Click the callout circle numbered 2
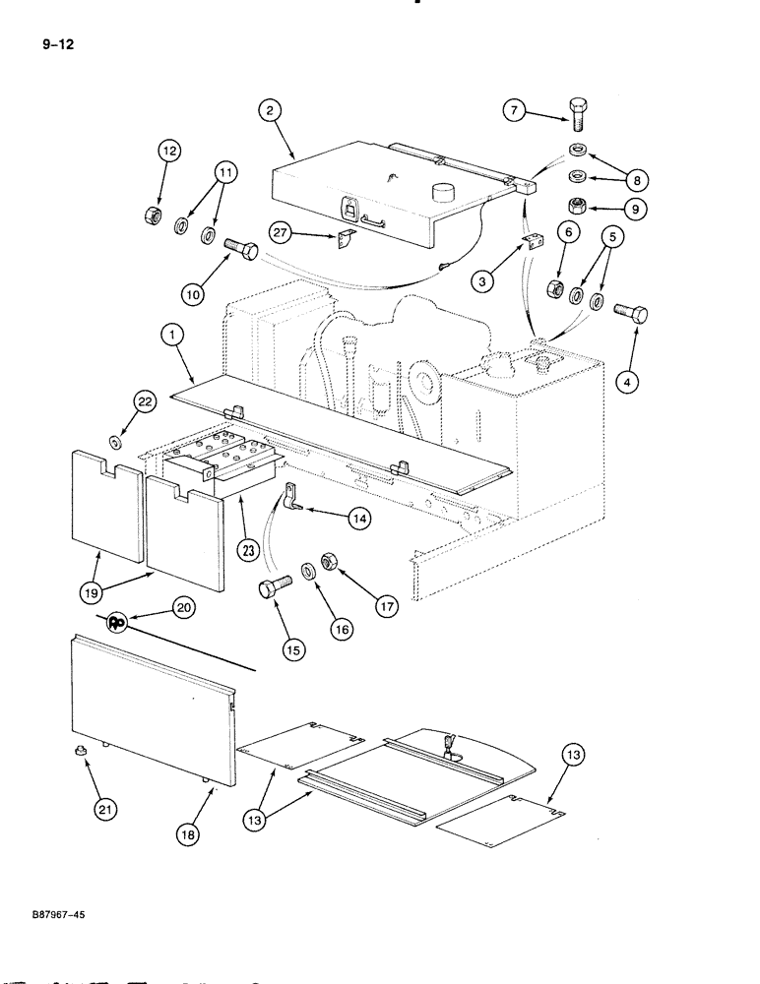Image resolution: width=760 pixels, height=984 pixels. click(x=268, y=112)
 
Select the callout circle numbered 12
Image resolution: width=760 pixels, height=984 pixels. click(x=169, y=151)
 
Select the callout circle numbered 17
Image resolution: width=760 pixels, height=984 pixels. click(x=385, y=607)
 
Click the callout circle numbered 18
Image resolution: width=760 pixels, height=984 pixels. click(x=189, y=832)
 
